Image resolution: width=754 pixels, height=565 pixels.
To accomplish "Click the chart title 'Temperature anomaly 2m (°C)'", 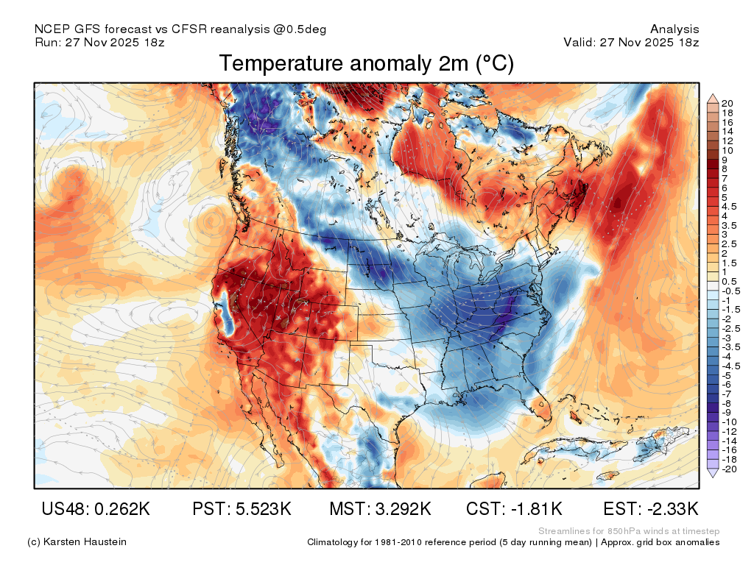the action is (367, 63).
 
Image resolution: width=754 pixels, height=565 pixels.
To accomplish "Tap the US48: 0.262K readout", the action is (96, 508).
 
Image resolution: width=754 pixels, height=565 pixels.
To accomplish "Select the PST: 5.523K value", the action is (242, 508).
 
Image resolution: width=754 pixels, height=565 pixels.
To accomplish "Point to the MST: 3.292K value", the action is (380, 508).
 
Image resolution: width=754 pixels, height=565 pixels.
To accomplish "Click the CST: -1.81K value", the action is (514, 508).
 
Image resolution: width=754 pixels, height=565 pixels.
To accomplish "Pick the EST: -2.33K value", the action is (651, 508).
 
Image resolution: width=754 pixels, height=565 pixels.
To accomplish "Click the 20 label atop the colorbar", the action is (727, 103).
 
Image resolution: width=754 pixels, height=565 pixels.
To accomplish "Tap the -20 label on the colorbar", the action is (729, 469).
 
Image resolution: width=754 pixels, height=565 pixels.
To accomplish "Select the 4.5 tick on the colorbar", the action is (729, 207).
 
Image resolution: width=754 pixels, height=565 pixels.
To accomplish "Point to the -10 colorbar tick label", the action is (729, 422).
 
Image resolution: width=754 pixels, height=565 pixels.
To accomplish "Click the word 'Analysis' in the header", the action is (674, 29).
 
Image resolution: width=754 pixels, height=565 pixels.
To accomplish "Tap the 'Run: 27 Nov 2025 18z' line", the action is (99, 42).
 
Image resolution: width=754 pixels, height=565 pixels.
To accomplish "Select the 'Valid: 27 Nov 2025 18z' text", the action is (631, 42).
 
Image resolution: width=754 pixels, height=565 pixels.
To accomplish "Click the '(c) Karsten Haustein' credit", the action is (77, 542).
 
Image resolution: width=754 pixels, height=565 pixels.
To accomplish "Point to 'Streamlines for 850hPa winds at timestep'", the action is (629, 531).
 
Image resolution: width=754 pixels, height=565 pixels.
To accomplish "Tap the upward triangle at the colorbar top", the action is (713, 99).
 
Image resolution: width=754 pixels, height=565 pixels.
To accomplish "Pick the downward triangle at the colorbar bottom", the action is (713, 473).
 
